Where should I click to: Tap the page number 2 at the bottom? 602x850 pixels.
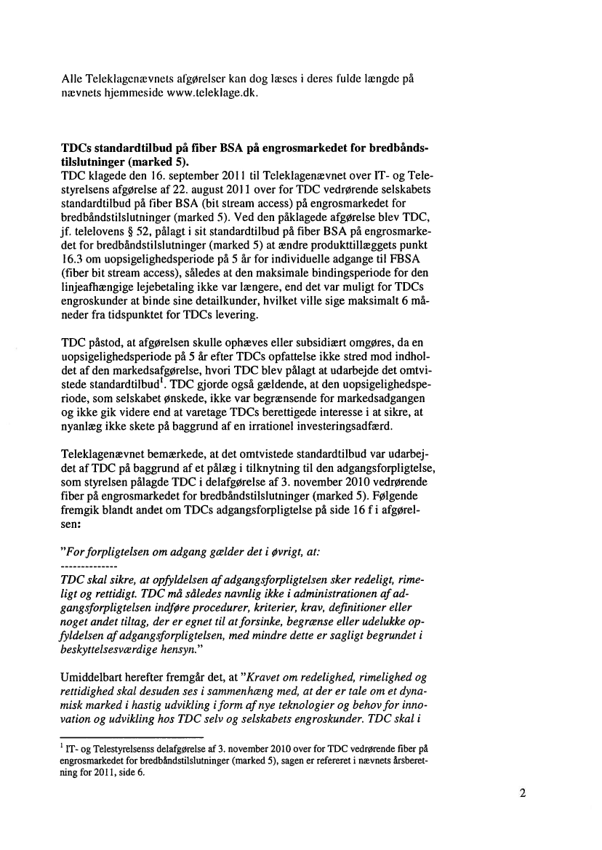point(523,793)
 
